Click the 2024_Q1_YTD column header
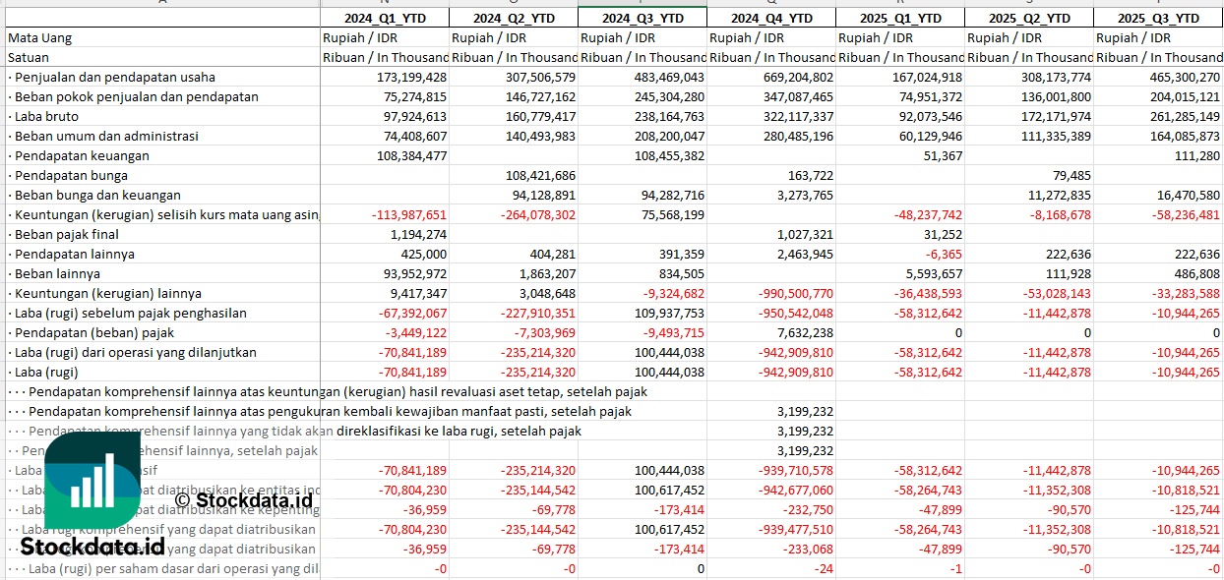385,18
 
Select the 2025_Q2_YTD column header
1029,18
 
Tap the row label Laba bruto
45,116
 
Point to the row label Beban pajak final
66,234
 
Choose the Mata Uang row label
39,37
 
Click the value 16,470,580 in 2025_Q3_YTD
1184,195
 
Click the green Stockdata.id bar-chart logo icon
92,482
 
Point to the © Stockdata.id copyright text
244,499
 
